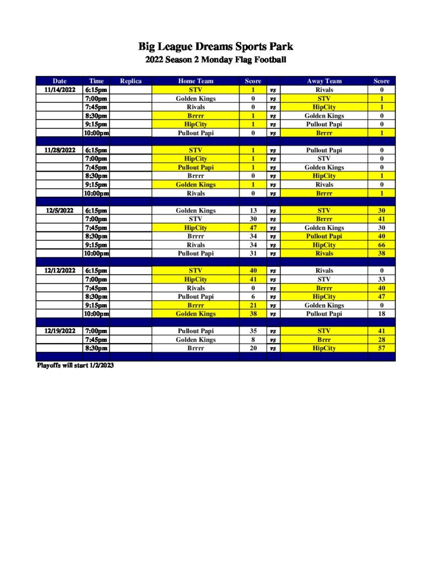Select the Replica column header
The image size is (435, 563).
pos(130,81)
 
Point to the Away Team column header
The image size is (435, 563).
pos(324,81)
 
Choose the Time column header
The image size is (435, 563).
pos(96,81)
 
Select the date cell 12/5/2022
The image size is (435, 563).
pos(59,211)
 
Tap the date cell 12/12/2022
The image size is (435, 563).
pos(59,271)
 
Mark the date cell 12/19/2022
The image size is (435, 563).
pos(59,332)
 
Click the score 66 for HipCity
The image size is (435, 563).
pos(381,245)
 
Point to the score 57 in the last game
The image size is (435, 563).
pos(381,349)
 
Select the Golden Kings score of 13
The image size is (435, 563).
pos(253,211)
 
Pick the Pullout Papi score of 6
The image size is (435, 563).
pos(253,297)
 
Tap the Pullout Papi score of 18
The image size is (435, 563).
pos(381,314)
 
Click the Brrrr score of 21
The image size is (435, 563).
pos(253,306)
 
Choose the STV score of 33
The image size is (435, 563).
pos(381,280)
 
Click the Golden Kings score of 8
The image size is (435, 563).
pos(253,340)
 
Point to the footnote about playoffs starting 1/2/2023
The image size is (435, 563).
pos(75,366)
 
